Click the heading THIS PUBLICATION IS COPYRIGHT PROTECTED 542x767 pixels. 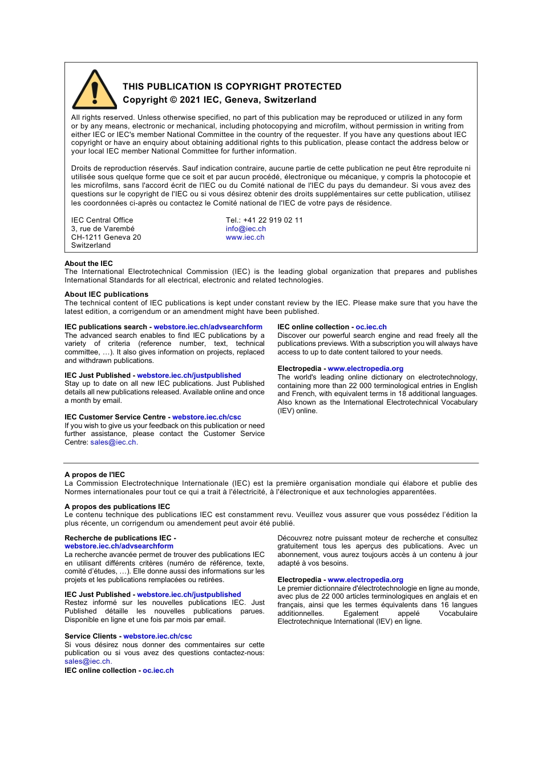(232, 87)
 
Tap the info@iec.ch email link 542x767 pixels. (245, 229)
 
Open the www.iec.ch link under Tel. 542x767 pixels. (245, 237)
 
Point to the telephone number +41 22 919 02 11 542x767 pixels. (273, 220)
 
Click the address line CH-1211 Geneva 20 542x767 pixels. (106, 237)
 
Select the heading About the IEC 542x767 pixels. (88, 264)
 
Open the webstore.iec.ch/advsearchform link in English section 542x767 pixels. (208, 327)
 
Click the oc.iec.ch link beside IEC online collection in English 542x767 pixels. (371, 327)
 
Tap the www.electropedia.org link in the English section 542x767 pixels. (365, 369)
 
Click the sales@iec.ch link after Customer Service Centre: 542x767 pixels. (113, 442)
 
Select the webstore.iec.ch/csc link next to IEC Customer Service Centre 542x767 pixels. (207, 417)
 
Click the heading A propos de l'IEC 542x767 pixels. (95, 475)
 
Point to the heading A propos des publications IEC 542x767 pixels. (117, 507)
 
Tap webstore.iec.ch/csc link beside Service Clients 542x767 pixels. (157, 636)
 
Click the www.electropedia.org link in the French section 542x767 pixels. (365, 580)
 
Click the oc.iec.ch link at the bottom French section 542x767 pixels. (158, 671)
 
